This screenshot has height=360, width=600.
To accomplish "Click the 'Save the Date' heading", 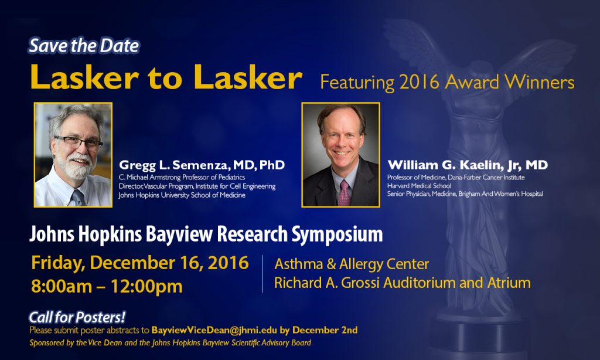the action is click(84, 46).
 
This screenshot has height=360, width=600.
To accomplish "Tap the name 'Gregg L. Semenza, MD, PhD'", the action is click(202, 165).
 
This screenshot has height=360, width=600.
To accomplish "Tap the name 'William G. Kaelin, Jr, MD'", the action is click(468, 165).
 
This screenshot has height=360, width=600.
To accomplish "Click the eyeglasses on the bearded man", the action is click(79, 142).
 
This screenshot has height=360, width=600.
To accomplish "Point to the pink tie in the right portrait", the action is click(343, 193).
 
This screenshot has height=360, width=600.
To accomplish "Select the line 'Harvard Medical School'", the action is click(419, 186).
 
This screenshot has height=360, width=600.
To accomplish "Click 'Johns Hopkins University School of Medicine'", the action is click(182, 195).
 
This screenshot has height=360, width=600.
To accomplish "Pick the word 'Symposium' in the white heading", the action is click(337, 235).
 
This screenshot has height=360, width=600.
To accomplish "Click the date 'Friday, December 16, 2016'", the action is click(140, 263).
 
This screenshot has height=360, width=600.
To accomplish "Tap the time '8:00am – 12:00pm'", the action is click(107, 286).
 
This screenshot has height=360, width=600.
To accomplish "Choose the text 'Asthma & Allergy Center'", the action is click(352, 264).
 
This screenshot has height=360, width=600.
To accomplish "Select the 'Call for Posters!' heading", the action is click(77, 317).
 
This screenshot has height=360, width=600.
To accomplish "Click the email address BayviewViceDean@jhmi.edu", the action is click(214, 330).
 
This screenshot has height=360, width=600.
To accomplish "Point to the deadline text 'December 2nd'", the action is click(325, 330).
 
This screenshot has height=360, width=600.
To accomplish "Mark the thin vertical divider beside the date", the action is click(262, 274).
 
